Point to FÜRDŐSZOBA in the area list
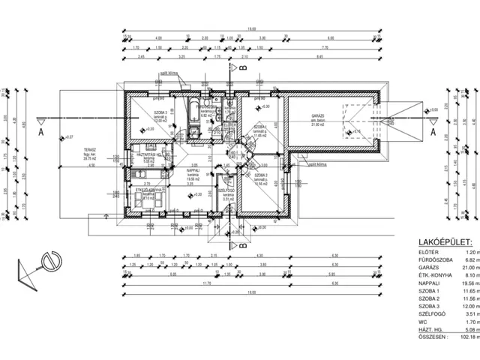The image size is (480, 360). (x=435, y=260)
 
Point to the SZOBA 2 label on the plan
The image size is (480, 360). (x=260, y=175)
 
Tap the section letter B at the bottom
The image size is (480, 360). (x=243, y=244)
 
